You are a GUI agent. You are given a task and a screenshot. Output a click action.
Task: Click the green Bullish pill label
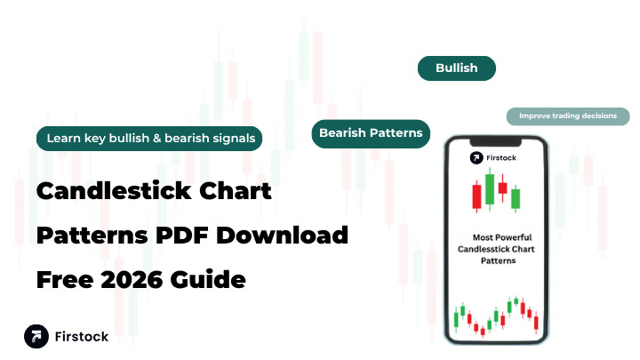[x=456, y=68]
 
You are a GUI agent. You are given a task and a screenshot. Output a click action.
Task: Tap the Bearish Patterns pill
[x=371, y=133]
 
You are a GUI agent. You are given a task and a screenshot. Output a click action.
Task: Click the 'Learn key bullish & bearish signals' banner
[x=149, y=138]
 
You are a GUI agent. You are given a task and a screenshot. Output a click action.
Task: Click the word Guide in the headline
[x=210, y=281]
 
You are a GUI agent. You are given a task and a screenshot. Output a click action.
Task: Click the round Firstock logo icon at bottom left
[x=36, y=337]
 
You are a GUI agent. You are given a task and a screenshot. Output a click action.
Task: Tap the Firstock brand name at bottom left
[x=82, y=338]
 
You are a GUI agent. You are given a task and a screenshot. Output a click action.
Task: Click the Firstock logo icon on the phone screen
[x=477, y=158]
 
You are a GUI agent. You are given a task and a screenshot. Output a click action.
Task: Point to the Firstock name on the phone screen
[x=505, y=158]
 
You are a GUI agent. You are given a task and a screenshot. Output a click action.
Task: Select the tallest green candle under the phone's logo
[x=488, y=188]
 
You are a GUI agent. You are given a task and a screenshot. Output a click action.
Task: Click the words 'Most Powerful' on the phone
[x=497, y=237]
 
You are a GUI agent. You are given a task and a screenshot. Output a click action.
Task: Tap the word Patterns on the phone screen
[x=497, y=261]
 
